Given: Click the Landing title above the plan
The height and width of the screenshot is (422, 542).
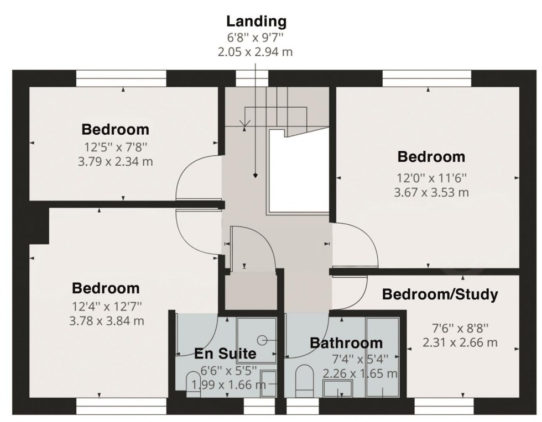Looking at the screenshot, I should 257,22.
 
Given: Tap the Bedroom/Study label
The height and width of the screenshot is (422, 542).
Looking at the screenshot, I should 440,294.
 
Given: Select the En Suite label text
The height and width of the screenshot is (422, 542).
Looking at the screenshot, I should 225,354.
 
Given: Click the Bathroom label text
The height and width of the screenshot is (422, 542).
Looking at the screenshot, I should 346,343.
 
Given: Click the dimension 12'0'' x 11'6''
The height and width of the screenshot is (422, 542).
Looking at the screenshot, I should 432,178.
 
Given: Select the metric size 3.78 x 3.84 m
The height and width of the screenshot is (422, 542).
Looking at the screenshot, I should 106,320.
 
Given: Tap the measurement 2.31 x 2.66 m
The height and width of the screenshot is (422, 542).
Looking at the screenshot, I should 460,342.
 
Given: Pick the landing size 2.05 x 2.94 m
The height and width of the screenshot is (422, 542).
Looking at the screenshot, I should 257,52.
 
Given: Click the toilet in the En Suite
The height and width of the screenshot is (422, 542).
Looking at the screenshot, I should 194,383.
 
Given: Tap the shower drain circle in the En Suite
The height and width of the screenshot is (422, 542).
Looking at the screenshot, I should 263,340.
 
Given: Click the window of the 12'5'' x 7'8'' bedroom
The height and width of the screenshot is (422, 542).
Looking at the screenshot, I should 121,78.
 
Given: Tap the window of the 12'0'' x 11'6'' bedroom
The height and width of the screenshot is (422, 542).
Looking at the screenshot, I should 427,78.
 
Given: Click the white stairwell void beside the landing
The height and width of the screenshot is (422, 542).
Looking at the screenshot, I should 298,174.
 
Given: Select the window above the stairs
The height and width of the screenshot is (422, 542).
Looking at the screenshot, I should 252,78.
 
